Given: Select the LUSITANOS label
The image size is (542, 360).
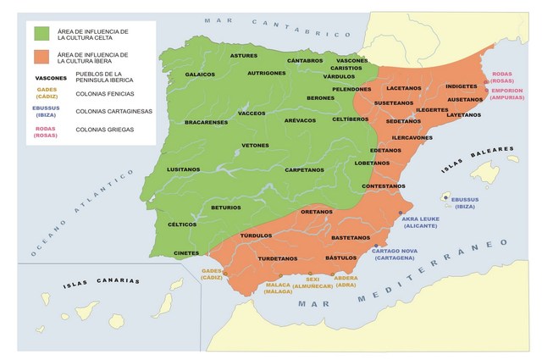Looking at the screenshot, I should pos(184,169).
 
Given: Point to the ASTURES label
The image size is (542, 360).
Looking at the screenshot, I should pos(244,56).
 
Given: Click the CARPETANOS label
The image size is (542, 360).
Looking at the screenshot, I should pos(304,169).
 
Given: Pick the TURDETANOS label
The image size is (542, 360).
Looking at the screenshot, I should pos(278,258).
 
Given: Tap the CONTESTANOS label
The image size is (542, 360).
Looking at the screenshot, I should pos(383,186).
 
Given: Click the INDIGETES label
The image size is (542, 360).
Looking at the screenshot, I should pos(461,86).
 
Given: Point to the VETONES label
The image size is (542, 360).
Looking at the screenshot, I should pos(255,145).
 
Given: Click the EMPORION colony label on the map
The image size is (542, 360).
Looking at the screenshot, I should pos(510,93).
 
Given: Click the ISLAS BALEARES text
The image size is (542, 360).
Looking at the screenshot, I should pos(477,160).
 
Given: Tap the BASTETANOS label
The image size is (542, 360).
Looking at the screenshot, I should pos(351,238).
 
